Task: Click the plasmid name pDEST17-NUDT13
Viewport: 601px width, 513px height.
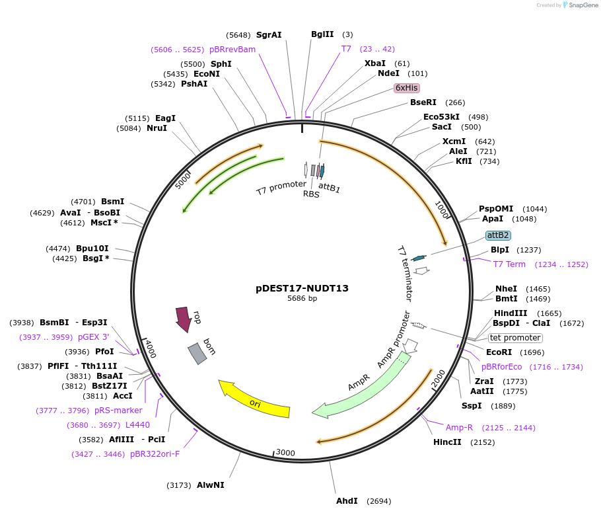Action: coord(302,288)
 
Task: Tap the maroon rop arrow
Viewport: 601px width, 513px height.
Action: coord(183,319)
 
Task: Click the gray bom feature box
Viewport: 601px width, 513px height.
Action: coord(197,354)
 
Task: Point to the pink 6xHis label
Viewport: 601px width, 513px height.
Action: coord(406,88)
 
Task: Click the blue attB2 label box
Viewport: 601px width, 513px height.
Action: coord(498,235)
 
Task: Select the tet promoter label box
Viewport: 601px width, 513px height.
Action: coord(515,338)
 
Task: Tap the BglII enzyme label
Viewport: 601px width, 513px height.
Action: coord(322,34)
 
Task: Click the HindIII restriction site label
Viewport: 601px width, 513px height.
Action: coord(510,313)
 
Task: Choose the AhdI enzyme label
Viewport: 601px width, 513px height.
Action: coord(347,500)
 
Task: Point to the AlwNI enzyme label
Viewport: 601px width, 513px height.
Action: coord(211,485)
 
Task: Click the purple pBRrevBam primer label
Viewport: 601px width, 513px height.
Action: coord(232,50)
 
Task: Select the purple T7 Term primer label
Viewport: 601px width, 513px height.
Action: coord(509,264)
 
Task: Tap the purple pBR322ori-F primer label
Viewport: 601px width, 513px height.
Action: coord(155,454)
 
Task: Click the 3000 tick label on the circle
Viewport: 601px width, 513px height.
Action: coord(285,453)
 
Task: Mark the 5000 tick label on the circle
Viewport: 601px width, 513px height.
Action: coord(183,180)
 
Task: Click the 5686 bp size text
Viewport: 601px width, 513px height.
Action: coord(302,298)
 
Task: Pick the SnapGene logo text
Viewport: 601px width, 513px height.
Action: coord(583,5)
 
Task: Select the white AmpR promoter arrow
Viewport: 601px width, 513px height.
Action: coord(411,345)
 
